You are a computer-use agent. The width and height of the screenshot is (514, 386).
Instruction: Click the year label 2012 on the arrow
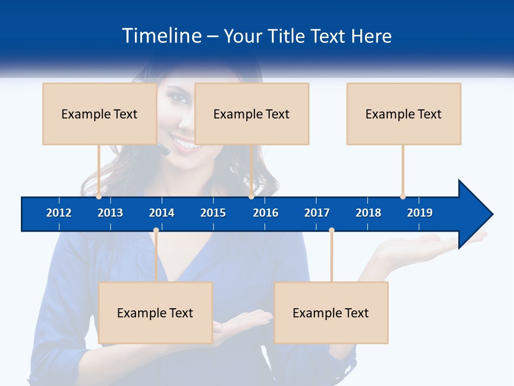point(59,213)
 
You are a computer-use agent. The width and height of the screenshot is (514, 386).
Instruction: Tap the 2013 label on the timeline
point(110,213)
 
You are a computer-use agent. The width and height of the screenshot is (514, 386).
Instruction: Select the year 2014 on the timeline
point(162,213)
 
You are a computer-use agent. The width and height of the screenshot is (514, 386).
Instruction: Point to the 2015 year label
point(213,213)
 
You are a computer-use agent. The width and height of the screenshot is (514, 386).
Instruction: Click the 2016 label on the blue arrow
point(266,213)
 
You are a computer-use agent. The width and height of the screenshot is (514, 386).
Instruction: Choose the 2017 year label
point(317,213)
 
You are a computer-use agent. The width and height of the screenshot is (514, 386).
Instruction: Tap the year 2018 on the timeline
point(368,213)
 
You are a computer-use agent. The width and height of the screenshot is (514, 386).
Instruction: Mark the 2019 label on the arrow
point(420,213)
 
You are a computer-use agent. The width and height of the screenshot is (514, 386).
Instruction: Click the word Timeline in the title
point(161,36)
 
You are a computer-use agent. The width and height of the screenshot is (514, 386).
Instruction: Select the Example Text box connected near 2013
point(100,114)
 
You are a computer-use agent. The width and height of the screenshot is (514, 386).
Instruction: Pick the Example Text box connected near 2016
point(252,114)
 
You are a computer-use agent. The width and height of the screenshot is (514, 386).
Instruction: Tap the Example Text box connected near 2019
point(404,114)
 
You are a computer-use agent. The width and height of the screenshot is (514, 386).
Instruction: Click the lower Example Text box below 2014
point(155,313)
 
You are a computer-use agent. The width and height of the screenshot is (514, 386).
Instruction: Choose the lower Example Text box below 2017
point(331,313)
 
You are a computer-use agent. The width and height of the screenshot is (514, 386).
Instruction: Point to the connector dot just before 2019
point(403,196)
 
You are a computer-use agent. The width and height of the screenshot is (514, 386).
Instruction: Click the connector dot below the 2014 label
point(156,231)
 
